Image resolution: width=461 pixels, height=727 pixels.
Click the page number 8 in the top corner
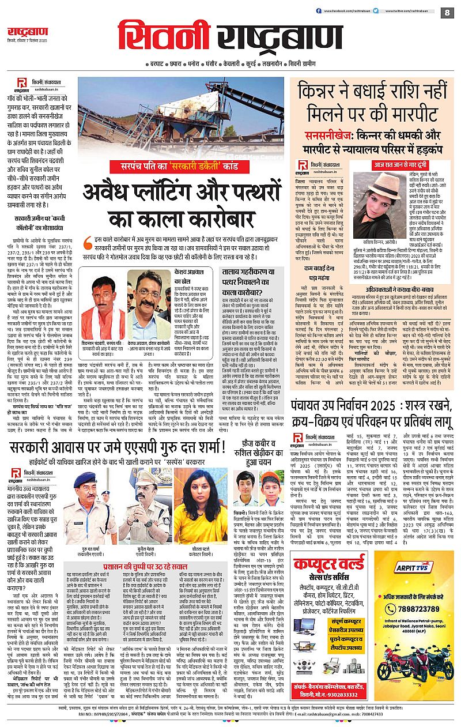[x=446, y=12]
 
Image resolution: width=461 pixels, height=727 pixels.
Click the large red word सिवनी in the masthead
[x=157, y=39]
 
